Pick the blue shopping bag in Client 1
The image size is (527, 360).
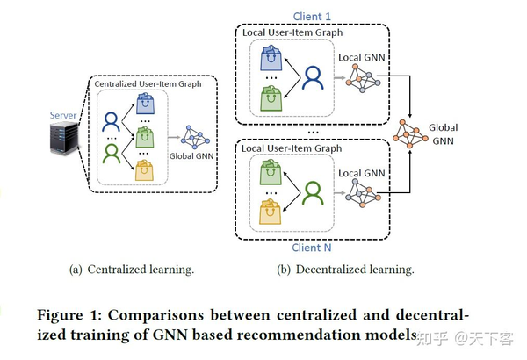point(271,60)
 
